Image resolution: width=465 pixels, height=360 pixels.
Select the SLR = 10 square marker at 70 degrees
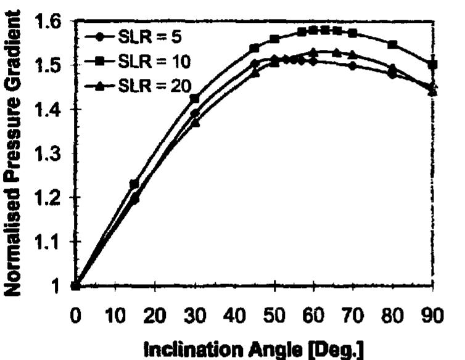[353, 33]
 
